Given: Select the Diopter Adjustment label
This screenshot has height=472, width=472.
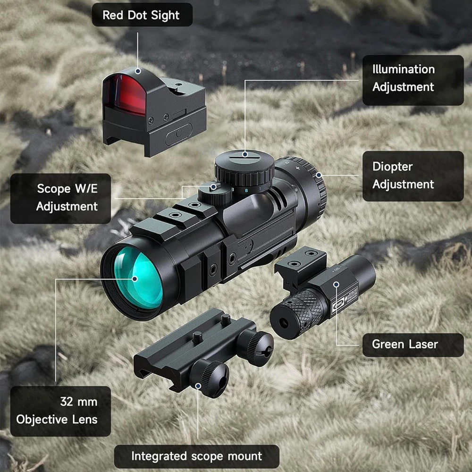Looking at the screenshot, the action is (x=413, y=176).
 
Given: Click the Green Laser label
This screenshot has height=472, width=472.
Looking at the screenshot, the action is (x=413, y=345).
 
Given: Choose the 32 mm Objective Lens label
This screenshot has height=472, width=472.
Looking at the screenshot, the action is (x=60, y=410).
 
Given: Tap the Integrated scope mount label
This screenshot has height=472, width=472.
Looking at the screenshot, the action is (x=197, y=456).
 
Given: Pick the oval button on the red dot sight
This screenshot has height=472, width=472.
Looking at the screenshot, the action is (x=178, y=135).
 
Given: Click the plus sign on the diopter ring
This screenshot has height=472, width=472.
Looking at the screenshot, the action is (x=298, y=167).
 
